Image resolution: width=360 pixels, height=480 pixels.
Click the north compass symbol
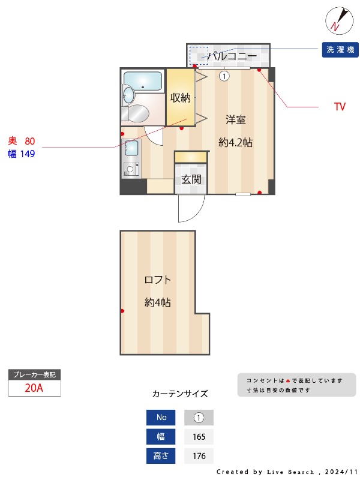pyautogui.click(x=337, y=20)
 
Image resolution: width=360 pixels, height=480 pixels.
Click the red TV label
pyautogui.click(x=340, y=107)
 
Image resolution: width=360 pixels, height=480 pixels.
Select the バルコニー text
pyautogui.click(x=229, y=56)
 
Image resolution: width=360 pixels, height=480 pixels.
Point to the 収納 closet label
pyautogui.click(x=180, y=98)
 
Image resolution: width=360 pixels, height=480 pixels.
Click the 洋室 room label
pyautogui.click(x=235, y=119)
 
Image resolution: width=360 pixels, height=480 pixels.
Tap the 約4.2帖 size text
pyautogui.click(x=235, y=143)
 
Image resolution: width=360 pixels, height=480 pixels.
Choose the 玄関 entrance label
pyautogui.click(x=191, y=179)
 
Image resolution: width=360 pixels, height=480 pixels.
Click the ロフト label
pyautogui.click(x=157, y=280)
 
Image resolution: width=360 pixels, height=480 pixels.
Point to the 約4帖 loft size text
pyautogui.click(x=157, y=303)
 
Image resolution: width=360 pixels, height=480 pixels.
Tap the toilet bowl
pyautogui.click(x=137, y=113)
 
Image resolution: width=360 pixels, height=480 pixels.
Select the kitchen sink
pyautogui.click(x=131, y=148)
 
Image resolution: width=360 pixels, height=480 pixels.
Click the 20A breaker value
pyautogui.click(x=34, y=388)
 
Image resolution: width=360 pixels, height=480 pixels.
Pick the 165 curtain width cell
pyautogui.click(x=199, y=437)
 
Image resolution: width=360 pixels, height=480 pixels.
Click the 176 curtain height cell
pyautogui.click(x=199, y=456)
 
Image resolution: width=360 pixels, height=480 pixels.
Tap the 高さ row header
pyautogui.click(x=161, y=456)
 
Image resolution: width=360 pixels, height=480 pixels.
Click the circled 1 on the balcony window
pyautogui.click(x=224, y=76)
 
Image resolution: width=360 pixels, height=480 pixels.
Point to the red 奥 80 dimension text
pyautogui.click(x=22, y=141)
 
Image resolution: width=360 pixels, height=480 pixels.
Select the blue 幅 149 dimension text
pyautogui.click(x=22, y=154)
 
